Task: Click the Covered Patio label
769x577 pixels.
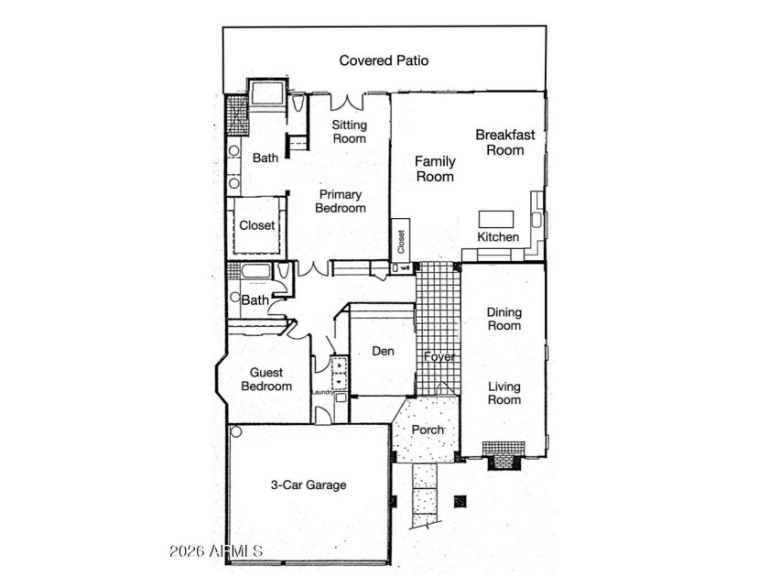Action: point(384,60)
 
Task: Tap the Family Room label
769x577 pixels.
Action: point(435,169)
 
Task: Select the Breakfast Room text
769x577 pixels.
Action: point(505,142)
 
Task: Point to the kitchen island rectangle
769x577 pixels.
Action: point(496,219)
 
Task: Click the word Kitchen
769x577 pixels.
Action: point(498,237)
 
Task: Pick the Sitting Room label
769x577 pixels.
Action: point(349,132)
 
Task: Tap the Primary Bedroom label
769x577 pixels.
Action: point(341,201)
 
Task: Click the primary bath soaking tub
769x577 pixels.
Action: point(267,93)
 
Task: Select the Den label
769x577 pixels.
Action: point(383,352)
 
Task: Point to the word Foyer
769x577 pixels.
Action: point(439,356)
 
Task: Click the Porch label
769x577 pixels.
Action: point(428,430)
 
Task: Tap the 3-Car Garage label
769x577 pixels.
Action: point(309,485)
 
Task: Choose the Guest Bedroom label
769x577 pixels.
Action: point(266,379)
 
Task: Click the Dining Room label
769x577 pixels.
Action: point(504,319)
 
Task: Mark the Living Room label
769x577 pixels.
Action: point(504,394)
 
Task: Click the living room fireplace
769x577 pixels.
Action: point(504,456)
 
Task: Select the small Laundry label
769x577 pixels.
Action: point(323,392)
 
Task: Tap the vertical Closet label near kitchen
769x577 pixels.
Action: point(401,242)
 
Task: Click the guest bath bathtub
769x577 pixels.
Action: point(256,271)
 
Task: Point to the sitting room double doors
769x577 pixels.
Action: point(347,102)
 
